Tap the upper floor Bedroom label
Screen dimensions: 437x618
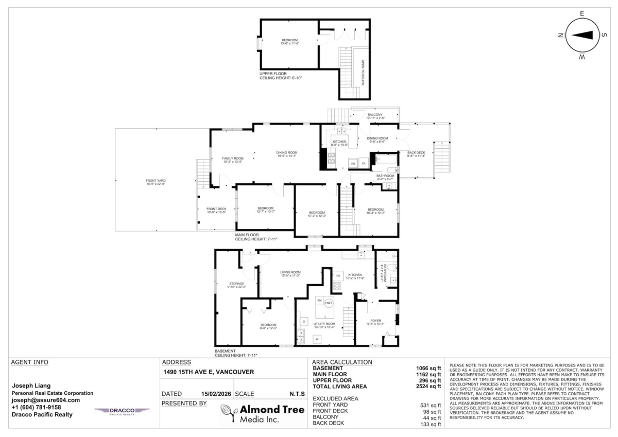[289, 41]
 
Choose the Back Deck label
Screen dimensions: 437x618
[416, 153]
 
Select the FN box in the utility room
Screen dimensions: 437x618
[319, 300]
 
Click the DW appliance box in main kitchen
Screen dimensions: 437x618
[353, 163]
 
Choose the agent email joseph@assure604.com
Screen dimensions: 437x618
[46, 400]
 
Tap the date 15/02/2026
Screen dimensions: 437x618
[216, 394]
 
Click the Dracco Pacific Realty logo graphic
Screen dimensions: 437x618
[122, 411]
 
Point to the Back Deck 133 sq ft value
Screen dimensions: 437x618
[431, 424]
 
